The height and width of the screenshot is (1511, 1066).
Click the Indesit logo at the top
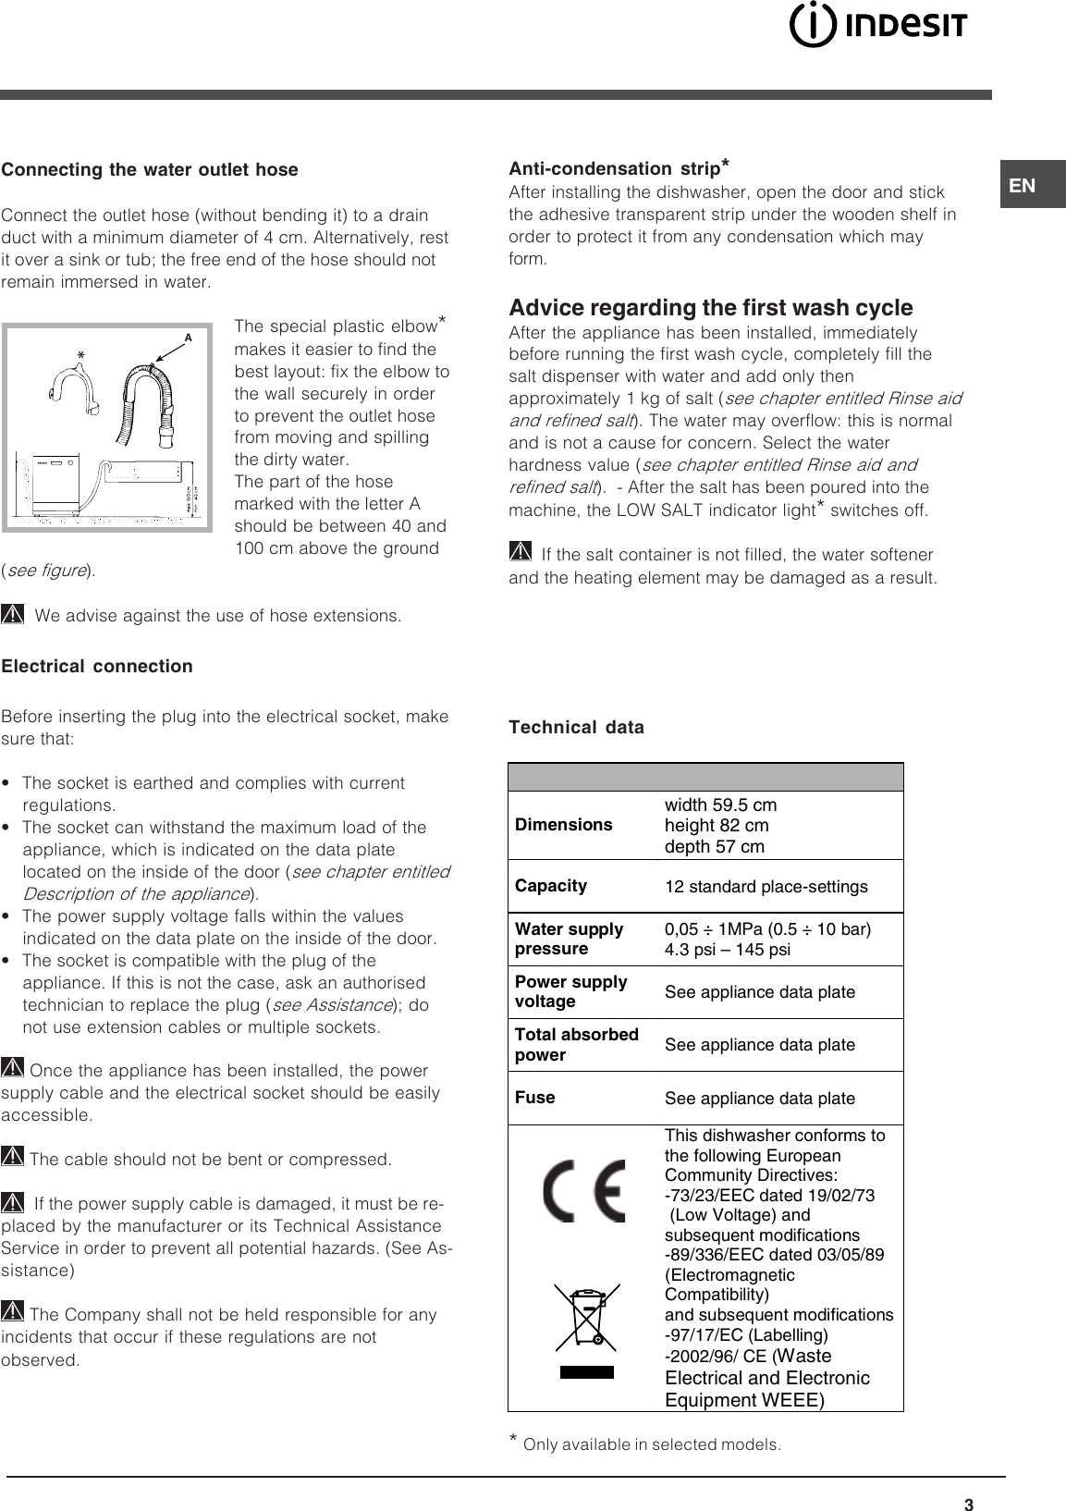click(877, 27)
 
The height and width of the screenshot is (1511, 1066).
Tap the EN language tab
click(1023, 185)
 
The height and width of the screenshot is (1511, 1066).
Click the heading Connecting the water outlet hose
click(150, 169)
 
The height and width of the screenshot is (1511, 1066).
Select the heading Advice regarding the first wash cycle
click(710, 307)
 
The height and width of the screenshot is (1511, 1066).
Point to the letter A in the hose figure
click(188, 338)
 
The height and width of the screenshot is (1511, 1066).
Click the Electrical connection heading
click(97, 666)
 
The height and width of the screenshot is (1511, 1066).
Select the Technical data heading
click(576, 727)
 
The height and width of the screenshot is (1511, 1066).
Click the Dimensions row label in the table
click(563, 825)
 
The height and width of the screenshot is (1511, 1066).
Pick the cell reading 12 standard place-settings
click(766, 887)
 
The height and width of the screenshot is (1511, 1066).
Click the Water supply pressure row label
click(569, 939)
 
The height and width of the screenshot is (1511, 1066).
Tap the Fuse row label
click(534, 1098)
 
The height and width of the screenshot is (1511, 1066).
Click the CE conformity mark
click(583, 1190)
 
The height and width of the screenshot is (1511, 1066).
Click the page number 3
click(968, 1505)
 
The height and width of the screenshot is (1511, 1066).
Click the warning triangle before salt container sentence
click(521, 553)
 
